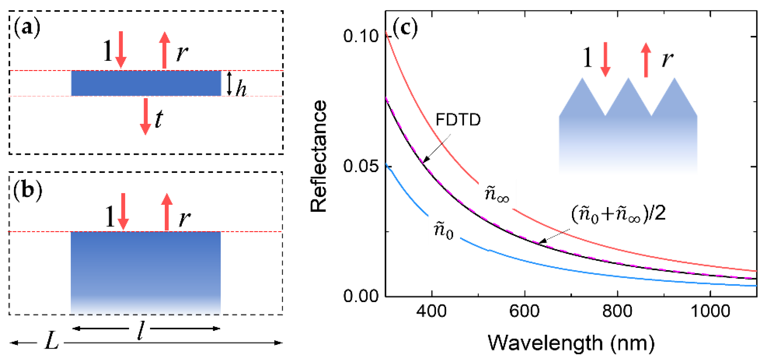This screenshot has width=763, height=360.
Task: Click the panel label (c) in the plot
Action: pos(405,28)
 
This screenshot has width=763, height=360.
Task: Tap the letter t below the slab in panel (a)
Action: pos(159,118)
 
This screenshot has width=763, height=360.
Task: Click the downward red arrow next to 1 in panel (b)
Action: pos(123,211)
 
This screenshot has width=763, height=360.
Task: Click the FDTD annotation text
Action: pos(458,120)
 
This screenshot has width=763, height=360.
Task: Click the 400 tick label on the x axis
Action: pos(431,311)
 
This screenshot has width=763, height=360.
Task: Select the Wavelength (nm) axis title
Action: pos(571,343)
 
